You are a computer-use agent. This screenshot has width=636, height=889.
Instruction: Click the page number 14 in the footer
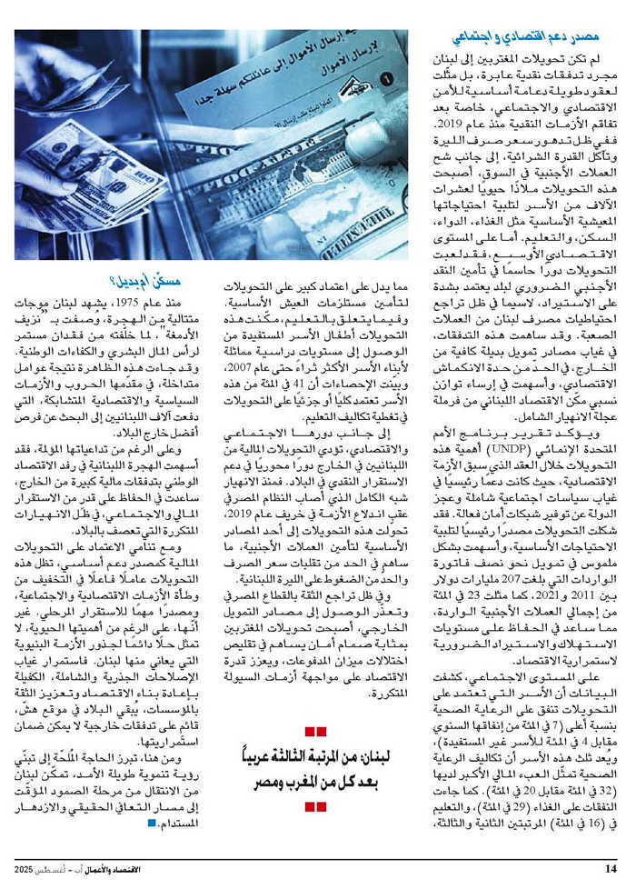(610, 867)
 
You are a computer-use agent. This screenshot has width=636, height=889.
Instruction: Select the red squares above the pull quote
(315, 732)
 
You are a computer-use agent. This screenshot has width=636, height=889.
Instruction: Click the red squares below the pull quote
(315, 805)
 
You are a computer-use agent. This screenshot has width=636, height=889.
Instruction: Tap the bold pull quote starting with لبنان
(315, 768)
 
